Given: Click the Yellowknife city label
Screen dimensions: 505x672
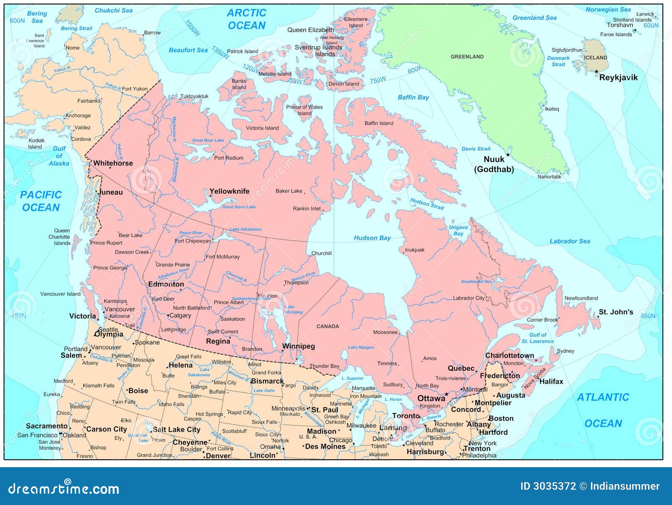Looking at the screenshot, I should (229, 191).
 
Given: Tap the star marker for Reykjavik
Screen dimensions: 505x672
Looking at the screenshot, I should (596, 72).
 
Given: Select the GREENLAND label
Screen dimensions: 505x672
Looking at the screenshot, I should (467, 57).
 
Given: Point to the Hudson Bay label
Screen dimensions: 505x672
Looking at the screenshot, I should (372, 238).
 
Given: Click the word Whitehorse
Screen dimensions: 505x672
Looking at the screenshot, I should (113, 163).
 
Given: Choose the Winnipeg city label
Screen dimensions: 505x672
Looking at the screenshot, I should (298, 346).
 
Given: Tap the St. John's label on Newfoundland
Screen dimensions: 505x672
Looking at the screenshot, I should (616, 312).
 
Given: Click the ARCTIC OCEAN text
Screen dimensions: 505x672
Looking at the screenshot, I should (247, 19).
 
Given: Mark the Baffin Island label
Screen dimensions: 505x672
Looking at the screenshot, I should (379, 123).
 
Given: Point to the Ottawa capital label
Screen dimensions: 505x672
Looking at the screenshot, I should (431, 398).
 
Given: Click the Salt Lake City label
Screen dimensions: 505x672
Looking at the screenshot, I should (176, 429).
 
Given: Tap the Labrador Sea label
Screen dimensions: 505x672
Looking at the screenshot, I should (570, 241).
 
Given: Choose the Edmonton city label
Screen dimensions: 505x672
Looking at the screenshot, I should (166, 284).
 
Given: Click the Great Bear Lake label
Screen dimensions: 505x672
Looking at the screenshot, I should (208, 140).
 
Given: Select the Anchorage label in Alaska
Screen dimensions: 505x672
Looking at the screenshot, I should (78, 116).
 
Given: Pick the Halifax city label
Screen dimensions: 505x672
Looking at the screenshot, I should (551, 381).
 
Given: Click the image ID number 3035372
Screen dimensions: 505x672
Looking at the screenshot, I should (554, 486).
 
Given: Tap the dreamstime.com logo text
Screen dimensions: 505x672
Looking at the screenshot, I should (64, 489).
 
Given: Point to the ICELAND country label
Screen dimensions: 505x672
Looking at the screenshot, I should (596, 58).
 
